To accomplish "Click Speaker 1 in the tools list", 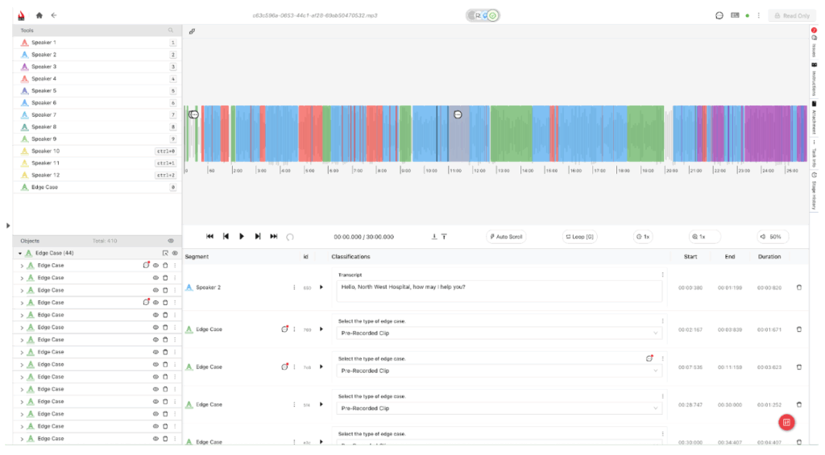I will pyautogui.click(x=44, y=42).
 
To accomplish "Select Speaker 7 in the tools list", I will pyautogui.click(x=44, y=115).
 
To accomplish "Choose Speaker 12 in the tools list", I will pyautogui.click(x=45, y=175).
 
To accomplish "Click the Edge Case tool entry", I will pyautogui.click(x=44, y=187).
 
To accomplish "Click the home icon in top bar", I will pyautogui.click(x=39, y=15).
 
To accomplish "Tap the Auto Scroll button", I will pyautogui.click(x=505, y=237).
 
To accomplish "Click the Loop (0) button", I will pyautogui.click(x=579, y=237).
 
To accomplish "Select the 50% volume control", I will pyautogui.click(x=771, y=237).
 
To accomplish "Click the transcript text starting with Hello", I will pyautogui.click(x=403, y=287).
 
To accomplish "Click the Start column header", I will pyautogui.click(x=690, y=256).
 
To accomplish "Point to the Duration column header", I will pyautogui.click(x=769, y=256).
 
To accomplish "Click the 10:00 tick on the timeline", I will pyautogui.click(x=431, y=171).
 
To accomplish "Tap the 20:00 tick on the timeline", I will pyautogui.click(x=671, y=171).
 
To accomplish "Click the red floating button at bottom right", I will pyautogui.click(x=787, y=423).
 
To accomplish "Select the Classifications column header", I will pyautogui.click(x=350, y=256).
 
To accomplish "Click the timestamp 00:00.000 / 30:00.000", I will pyautogui.click(x=363, y=237).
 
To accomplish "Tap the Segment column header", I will pyautogui.click(x=197, y=256).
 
